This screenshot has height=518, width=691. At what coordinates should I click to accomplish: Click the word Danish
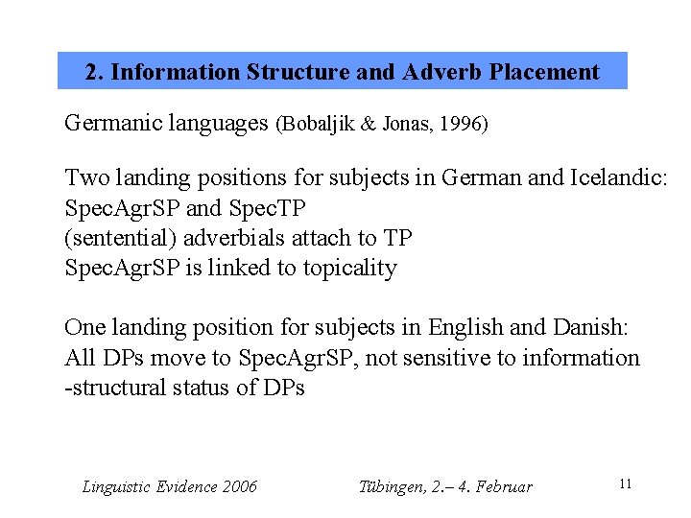(x=591, y=327)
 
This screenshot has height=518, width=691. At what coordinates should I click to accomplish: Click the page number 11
(x=625, y=484)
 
